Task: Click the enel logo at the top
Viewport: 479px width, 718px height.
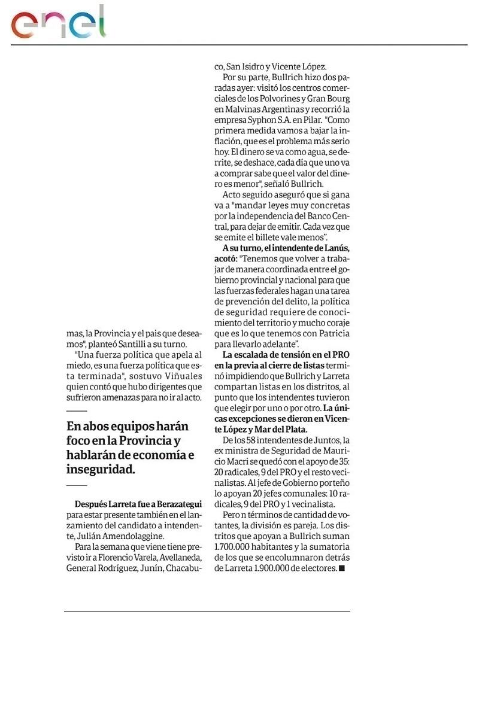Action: point(58,22)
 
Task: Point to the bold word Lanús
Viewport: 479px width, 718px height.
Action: point(336,248)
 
